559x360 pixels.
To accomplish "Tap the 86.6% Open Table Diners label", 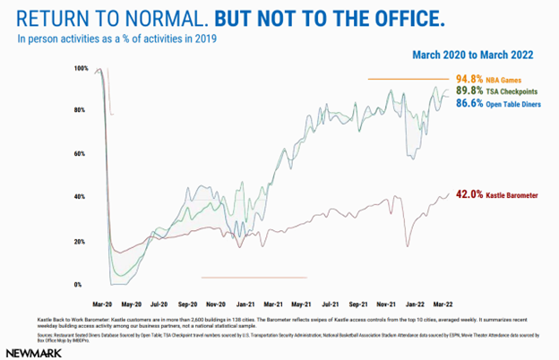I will [x=497, y=103].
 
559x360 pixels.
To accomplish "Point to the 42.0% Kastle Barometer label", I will [x=496, y=193].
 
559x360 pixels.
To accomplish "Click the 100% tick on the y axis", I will [x=82, y=69].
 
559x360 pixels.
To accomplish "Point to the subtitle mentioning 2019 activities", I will [x=117, y=39].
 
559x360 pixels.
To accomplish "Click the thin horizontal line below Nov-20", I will [x=254, y=278].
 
